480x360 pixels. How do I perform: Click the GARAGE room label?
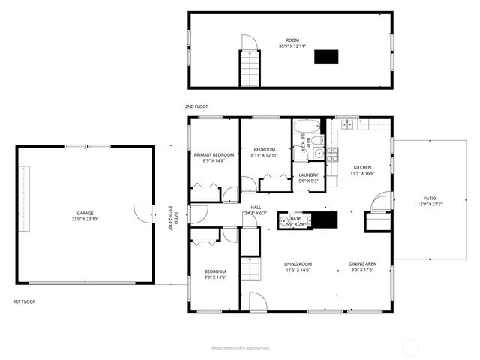click(84, 213)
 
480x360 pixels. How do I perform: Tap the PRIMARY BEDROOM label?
click(214, 155)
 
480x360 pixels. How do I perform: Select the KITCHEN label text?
click(362, 167)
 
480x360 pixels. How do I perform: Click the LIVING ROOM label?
click(298, 264)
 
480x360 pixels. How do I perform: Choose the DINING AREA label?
click(362, 264)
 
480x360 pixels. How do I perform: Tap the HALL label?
click(256, 207)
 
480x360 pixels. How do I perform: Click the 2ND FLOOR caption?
click(196, 106)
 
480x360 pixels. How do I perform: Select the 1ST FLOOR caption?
click(24, 301)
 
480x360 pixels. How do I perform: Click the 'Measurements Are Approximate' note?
click(239, 347)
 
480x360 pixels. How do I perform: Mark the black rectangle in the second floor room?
click(325, 57)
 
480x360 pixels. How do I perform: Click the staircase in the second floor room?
click(250, 69)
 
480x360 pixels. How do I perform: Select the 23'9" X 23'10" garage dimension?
click(84, 219)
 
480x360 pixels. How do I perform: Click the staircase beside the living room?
click(250, 266)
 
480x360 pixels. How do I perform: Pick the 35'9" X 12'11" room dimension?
click(292, 46)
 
